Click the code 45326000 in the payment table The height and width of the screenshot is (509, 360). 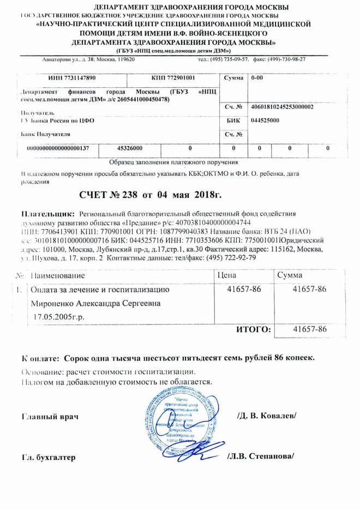[130, 148]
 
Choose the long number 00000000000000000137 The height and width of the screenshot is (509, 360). [62, 148]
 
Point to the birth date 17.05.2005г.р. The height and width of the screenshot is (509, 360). [60, 316]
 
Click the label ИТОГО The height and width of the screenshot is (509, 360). [253, 330]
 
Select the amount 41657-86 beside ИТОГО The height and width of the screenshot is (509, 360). [309, 330]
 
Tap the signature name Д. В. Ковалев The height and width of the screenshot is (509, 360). [267, 416]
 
